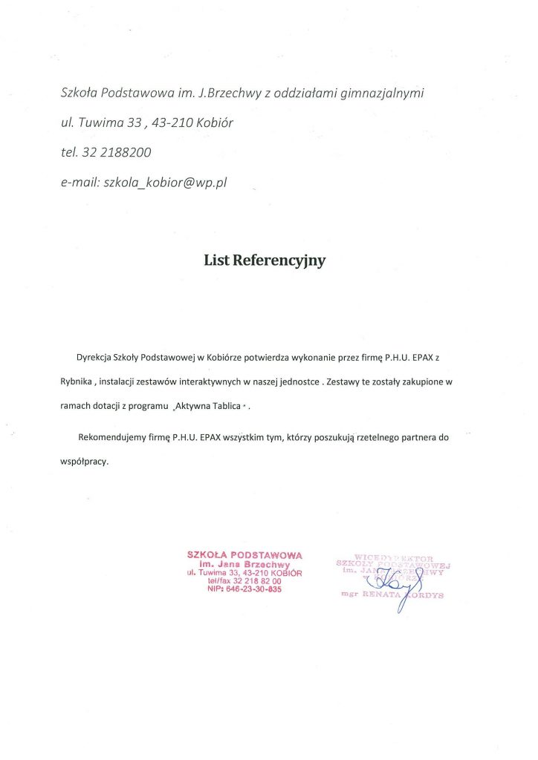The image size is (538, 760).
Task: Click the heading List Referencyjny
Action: pos(265,261)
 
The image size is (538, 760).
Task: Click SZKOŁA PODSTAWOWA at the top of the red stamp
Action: pos(244,554)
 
